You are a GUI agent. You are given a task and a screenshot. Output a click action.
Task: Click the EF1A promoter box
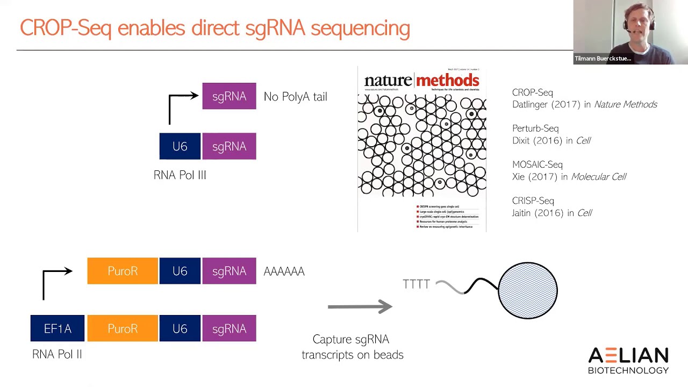[x=58, y=328]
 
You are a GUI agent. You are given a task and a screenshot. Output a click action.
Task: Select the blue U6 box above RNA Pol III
[x=180, y=146]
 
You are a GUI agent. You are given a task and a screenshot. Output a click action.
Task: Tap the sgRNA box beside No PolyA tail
[x=229, y=96]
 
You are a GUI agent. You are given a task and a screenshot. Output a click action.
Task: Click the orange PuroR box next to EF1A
[x=123, y=328]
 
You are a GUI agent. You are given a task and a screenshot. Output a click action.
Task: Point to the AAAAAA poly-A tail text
[x=284, y=271]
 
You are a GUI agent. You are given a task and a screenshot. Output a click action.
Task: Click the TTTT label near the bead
[x=416, y=284]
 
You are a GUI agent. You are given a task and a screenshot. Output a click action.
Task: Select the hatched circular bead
[x=528, y=290]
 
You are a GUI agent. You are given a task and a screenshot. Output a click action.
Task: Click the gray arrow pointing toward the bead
[x=360, y=306]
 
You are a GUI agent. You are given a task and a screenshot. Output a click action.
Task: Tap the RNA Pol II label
[x=57, y=354]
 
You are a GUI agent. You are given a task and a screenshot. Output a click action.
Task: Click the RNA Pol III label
[x=180, y=175]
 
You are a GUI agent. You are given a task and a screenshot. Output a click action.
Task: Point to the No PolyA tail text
[x=295, y=97]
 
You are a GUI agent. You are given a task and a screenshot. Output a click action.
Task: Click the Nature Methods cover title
[x=421, y=81]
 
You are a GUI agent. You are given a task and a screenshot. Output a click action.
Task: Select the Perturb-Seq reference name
[x=535, y=128]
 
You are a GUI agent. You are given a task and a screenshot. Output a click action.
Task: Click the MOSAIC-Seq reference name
[x=537, y=164]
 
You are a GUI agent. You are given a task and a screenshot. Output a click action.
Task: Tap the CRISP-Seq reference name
[x=533, y=200]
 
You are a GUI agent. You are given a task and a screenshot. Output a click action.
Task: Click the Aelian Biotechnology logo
[x=628, y=360]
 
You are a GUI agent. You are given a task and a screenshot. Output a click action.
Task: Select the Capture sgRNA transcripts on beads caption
[x=352, y=347]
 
